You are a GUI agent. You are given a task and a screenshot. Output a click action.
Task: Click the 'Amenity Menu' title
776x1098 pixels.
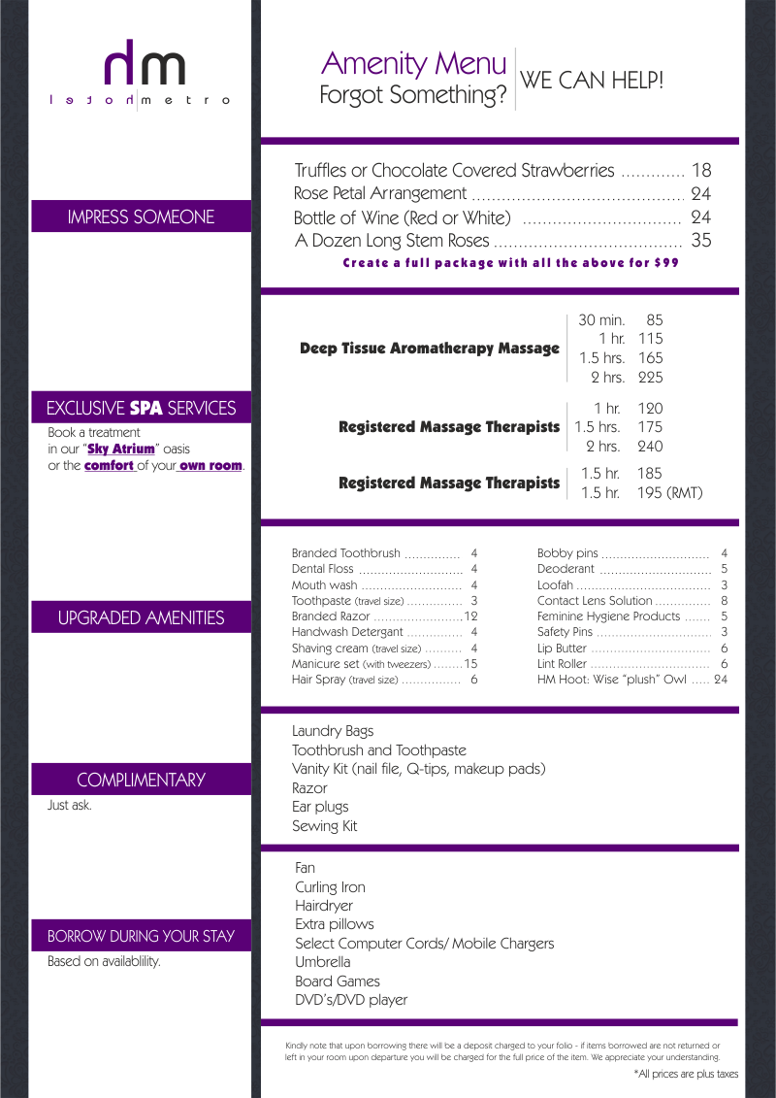[413, 64]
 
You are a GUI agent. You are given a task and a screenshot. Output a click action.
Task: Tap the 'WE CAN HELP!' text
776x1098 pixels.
[593, 81]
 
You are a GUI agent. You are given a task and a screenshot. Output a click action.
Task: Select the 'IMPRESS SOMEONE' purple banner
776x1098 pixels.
[142, 216]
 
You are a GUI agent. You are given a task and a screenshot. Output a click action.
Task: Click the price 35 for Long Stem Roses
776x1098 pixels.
[700, 241]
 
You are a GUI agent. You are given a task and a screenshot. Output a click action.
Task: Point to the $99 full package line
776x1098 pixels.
[510, 263]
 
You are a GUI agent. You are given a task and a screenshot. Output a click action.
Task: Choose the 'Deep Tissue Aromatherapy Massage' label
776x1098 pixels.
[430, 349]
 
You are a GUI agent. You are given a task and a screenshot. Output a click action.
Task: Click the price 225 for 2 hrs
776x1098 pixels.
[650, 378]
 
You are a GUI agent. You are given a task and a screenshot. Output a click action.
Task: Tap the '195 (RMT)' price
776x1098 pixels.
[669, 493]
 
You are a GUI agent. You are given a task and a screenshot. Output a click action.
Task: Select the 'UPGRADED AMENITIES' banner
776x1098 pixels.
[142, 617]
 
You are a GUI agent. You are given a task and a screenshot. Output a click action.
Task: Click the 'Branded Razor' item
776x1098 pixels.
[331, 616]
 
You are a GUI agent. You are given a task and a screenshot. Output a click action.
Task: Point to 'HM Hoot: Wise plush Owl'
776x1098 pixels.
[611, 680]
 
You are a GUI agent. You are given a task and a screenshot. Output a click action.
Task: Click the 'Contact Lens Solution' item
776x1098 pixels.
[595, 601]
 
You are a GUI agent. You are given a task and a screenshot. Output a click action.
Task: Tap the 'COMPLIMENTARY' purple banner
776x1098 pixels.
[142, 780]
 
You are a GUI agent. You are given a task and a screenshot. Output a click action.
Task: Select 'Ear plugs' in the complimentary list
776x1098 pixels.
[320, 807]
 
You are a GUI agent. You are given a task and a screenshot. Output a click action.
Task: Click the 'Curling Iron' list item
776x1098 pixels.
[330, 887]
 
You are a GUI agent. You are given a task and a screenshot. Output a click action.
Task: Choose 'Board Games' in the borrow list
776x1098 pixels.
[338, 982]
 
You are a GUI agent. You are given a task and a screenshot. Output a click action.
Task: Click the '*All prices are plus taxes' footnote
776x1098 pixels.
[686, 1074]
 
